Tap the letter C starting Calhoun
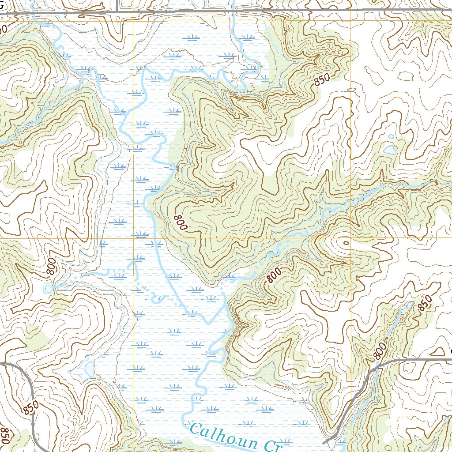(x=196, y=428)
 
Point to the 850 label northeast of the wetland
(x=322, y=80)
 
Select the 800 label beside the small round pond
(x=51, y=267)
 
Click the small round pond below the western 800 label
(x=48, y=289)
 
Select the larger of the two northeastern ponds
(x=389, y=150)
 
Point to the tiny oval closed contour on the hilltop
(x=345, y=243)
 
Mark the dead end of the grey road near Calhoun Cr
(x=324, y=442)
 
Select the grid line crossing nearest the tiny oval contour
(x=350, y=238)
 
